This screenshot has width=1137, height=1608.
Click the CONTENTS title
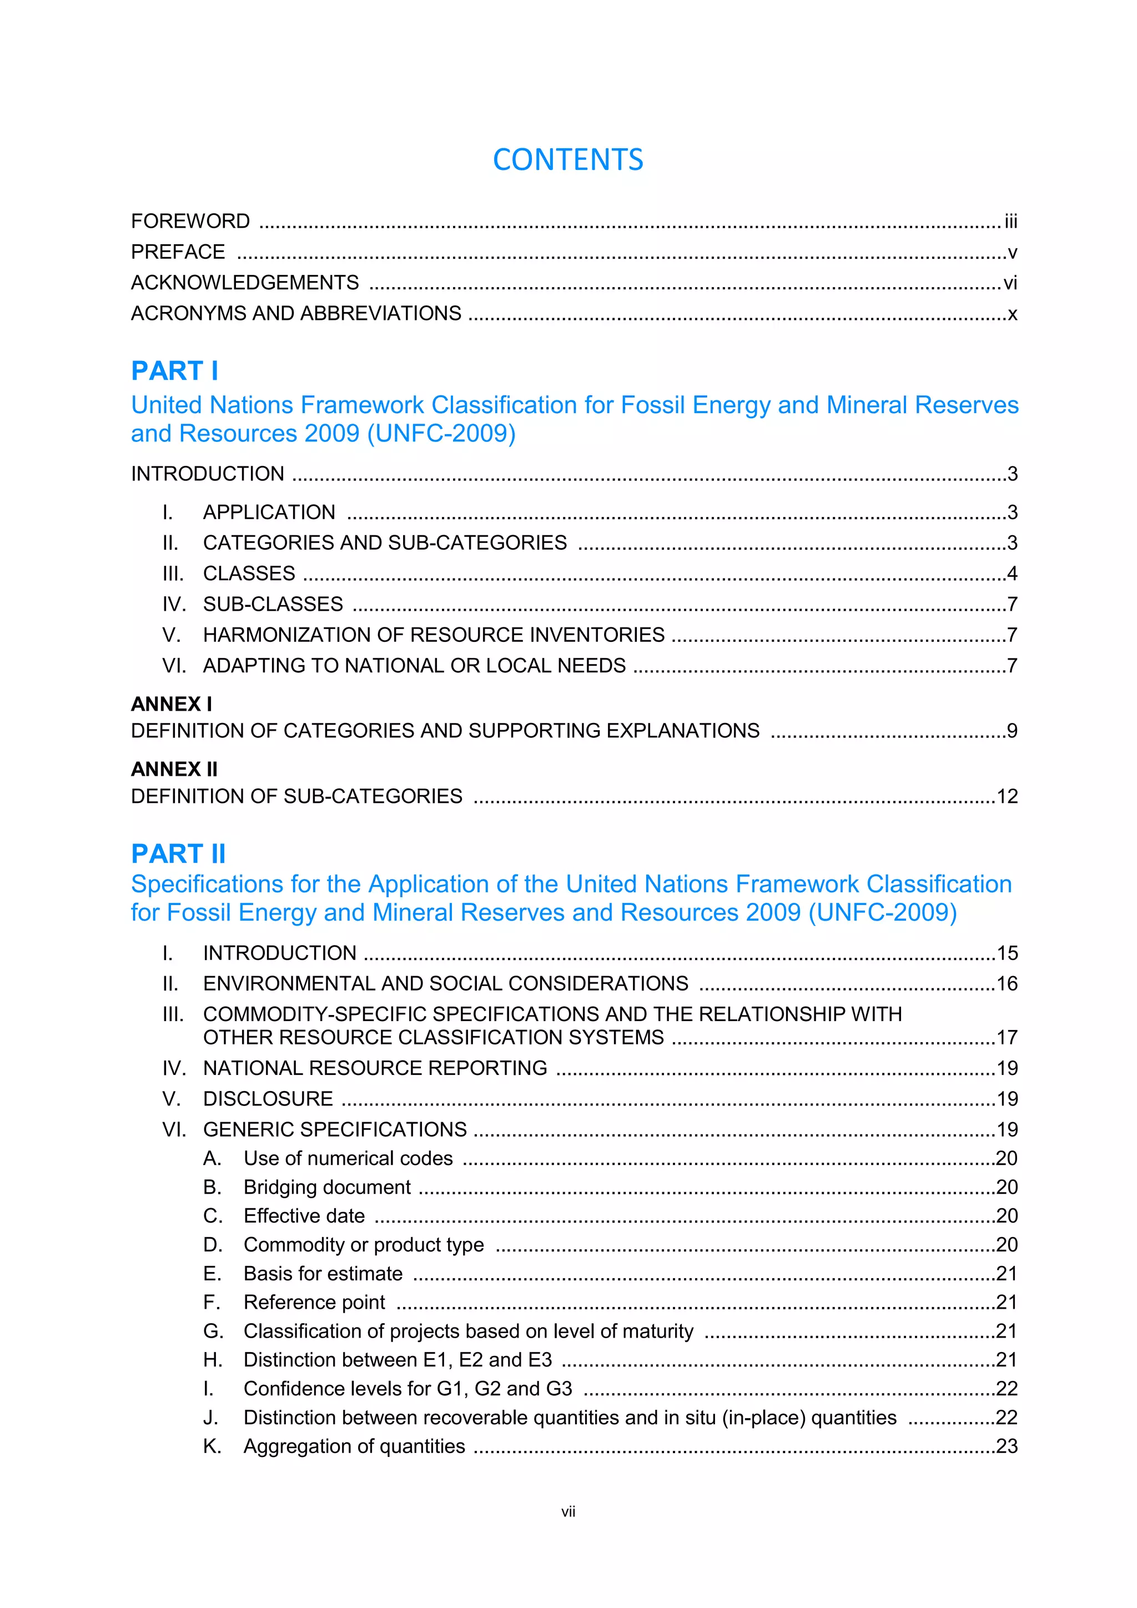pyautogui.click(x=568, y=160)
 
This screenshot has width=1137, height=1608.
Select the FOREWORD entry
pyautogui.click(x=190, y=222)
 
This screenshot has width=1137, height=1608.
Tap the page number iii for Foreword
pyautogui.click(x=1010, y=222)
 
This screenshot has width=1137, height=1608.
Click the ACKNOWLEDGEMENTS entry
pyautogui.click(x=245, y=282)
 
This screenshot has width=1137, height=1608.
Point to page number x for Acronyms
pyautogui.click(x=1013, y=314)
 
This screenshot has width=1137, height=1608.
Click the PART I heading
pyautogui.click(x=175, y=370)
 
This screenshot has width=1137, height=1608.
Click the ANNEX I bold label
pyautogui.click(x=172, y=704)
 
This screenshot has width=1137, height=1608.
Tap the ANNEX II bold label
pyautogui.click(x=174, y=769)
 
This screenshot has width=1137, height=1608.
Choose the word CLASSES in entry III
pyautogui.click(x=249, y=574)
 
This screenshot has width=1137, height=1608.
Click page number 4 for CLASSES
pyautogui.click(x=1012, y=574)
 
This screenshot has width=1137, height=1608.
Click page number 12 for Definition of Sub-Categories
pyautogui.click(x=1007, y=796)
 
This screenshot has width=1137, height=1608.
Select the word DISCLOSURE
pyautogui.click(x=268, y=1099)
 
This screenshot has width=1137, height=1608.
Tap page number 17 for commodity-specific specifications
pyautogui.click(x=1007, y=1037)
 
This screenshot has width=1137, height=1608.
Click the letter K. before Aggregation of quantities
pyautogui.click(x=212, y=1446)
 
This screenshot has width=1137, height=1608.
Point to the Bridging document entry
pyautogui.click(x=327, y=1187)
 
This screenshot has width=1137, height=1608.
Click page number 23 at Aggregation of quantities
pyautogui.click(x=1007, y=1446)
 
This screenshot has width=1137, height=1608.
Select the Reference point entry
pyautogui.click(x=314, y=1302)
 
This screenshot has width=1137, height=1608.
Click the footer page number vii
pyautogui.click(x=568, y=1512)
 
